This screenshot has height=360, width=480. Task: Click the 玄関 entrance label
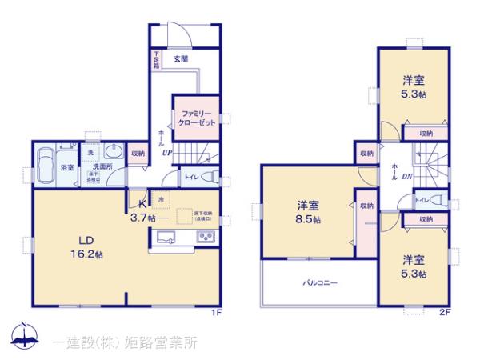(180, 58)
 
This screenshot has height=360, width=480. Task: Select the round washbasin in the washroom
(114, 152)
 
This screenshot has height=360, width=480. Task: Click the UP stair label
(166, 150)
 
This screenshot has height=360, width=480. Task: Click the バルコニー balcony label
(319, 282)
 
